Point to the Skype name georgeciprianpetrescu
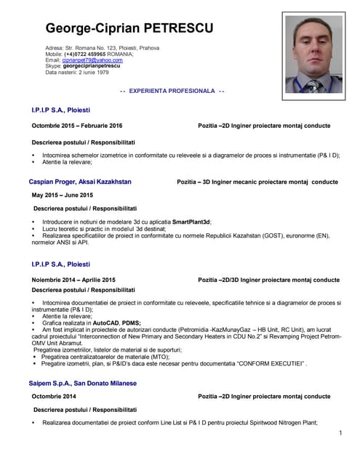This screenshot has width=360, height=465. point(97,65)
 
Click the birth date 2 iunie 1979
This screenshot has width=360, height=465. point(92,72)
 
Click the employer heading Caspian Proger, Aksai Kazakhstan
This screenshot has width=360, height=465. point(80,180)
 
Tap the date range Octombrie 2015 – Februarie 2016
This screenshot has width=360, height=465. point(77,126)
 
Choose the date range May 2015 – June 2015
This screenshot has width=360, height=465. point(62,195)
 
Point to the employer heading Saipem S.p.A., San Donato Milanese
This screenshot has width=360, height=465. point(82,382)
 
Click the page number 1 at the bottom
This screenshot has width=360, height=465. point(340,434)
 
